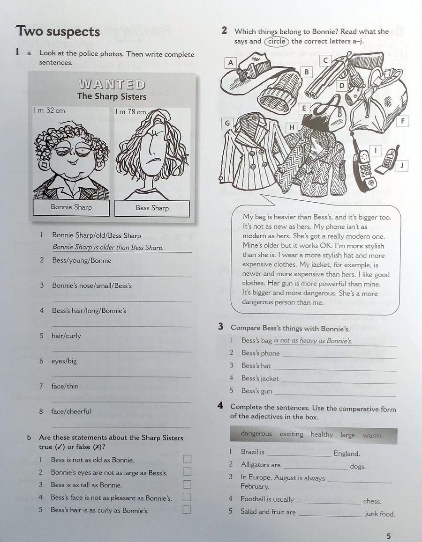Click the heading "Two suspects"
click(x=58, y=31)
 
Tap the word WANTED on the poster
click(x=112, y=84)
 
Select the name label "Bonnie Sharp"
click(x=71, y=207)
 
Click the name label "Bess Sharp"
click(x=152, y=208)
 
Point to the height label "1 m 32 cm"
click(x=49, y=110)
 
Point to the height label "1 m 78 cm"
click(x=130, y=112)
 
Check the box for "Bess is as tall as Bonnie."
click(x=187, y=484)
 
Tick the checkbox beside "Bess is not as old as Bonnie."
click(x=187, y=459)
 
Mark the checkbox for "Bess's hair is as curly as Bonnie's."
click(x=187, y=510)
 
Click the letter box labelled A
click(x=230, y=62)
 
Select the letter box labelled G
click(x=227, y=123)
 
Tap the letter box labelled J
click(x=401, y=166)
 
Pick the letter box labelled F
click(x=402, y=121)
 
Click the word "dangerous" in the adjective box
click(x=256, y=434)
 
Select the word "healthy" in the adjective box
click(x=322, y=434)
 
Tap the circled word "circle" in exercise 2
click(x=277, y=41)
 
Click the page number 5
click(x=389, y=536)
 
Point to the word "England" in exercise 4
click(x=347, y=454)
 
